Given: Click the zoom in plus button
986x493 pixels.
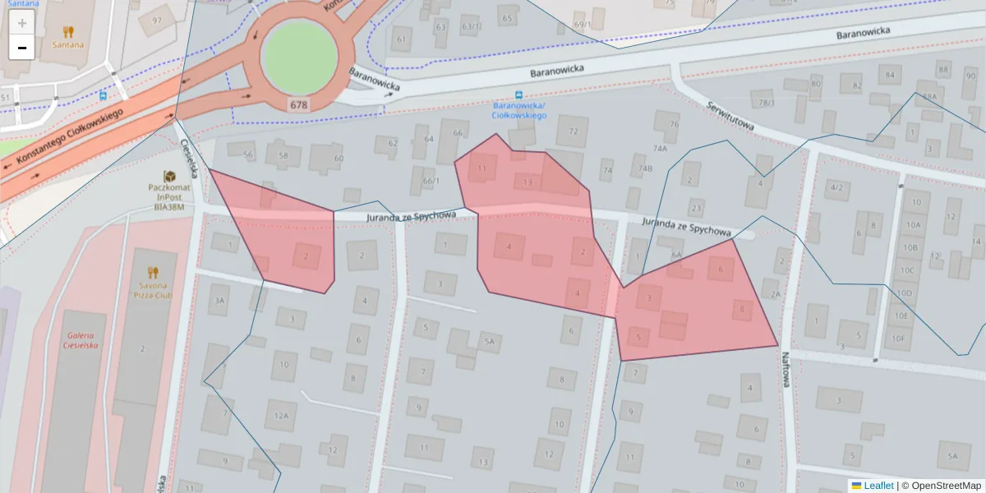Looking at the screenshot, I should (22, 23).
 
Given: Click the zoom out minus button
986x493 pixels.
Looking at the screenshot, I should (22, 48).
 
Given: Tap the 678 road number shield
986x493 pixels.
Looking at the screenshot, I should (298, 105).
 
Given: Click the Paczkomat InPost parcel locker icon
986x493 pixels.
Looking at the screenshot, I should (169, 177).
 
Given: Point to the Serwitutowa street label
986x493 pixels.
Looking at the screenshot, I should (730, 117).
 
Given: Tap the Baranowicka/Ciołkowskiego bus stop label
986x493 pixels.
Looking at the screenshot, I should (519, 111).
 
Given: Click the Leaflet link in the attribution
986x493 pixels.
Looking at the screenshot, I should (878, 486).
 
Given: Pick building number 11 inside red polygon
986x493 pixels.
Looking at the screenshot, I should (481, 168).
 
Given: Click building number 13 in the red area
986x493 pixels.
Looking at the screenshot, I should (528, 182).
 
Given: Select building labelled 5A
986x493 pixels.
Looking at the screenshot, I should (490, 342).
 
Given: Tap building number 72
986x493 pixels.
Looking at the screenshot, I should (573, 131).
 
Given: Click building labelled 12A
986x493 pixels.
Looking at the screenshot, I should (281, 416).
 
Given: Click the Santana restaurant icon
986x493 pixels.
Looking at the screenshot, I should (68, 32).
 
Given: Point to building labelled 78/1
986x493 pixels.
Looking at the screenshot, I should (766, 103).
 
